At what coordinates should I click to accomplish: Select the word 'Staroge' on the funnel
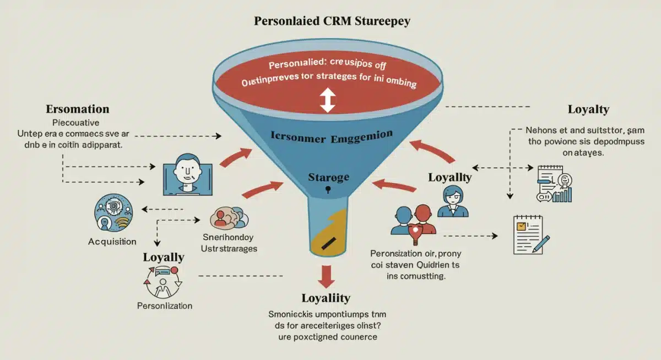(328, 177)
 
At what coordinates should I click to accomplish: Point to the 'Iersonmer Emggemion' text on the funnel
(332, 135)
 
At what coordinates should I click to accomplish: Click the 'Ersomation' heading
(77, 108)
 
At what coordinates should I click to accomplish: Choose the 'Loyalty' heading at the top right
(588, 109)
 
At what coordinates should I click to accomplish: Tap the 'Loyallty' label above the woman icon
(450, 177)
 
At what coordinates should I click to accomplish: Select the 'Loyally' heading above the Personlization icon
(164, 257)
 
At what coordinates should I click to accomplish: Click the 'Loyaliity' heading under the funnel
(326, 298)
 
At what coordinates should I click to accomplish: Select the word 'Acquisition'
(112, 242)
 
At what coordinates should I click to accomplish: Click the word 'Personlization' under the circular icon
(164, 306)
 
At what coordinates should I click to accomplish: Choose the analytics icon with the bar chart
(553, 184)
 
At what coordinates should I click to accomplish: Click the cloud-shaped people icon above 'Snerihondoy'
(227, 218)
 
